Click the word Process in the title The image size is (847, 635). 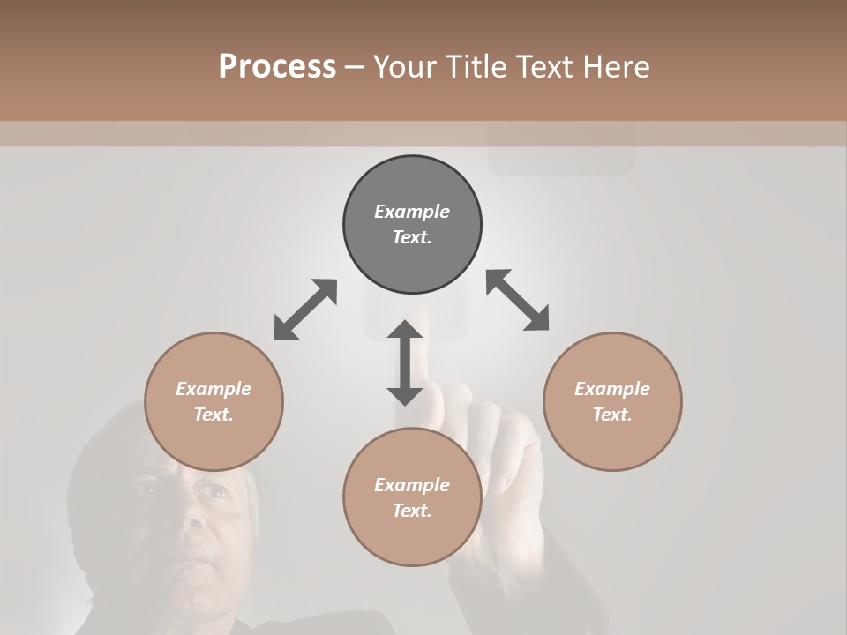[277, 66]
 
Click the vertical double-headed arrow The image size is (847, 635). [405, 362]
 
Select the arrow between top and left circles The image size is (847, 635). [305, 310]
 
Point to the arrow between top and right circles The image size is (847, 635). [518, 300]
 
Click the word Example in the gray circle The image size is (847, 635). [412, 212]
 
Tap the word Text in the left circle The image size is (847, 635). [213, 415]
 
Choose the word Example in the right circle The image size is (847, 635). [612, 389]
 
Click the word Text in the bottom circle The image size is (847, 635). [411, 511]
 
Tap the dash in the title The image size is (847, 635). [354, 67]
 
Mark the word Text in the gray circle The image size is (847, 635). [411, 237]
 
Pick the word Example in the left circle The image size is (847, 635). [214, 389]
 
